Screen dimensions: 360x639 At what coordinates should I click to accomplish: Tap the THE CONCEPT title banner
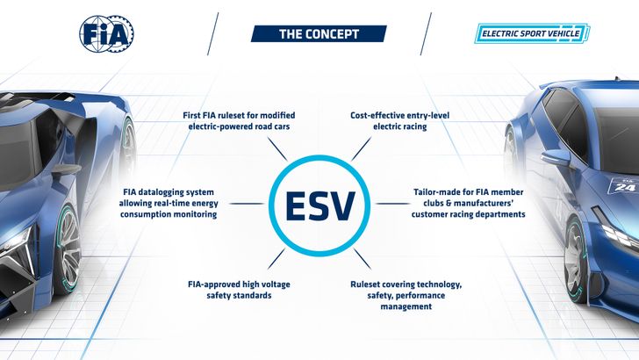[319, 33]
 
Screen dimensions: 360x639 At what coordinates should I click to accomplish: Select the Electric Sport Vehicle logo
[533, 34]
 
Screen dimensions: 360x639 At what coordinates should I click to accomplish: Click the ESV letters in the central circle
[319, 205]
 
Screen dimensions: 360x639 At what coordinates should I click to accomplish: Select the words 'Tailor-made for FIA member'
[469, 190]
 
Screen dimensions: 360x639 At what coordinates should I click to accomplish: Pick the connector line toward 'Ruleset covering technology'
[360, 259]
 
